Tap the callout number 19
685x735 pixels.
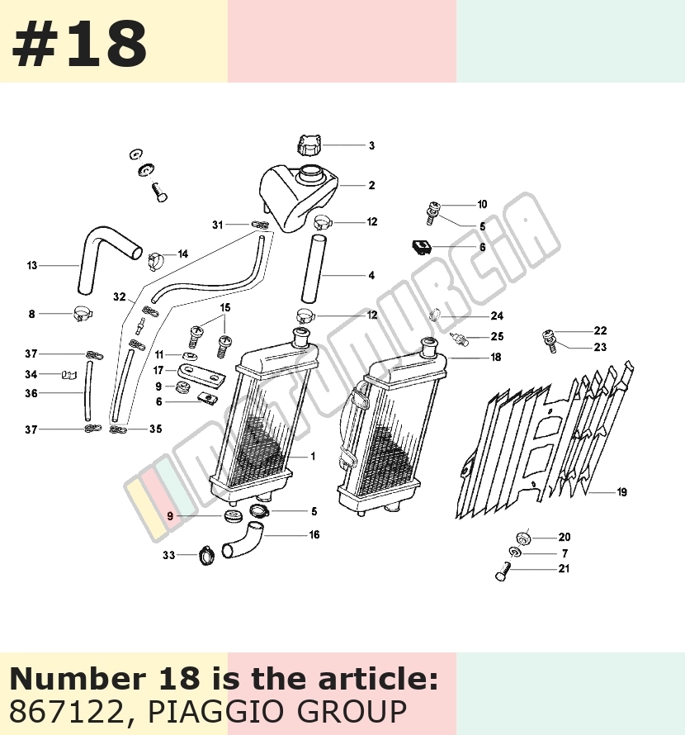(x=621, y=491)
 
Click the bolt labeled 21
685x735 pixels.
(x=502, y=571)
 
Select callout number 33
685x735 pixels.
(x=168, y=555)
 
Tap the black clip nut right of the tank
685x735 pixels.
(x=422, y=246)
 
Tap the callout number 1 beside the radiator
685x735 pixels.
(x=313, y=456)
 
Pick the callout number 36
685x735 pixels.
(x=31, y=393)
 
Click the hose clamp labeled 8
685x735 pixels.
(x=83, y=314)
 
